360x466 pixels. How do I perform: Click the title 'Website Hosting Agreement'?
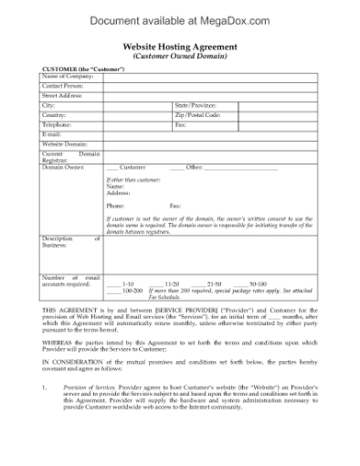coord(179,46)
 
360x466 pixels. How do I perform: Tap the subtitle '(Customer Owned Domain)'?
coord(179,56)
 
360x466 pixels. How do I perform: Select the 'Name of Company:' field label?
coord(64,77)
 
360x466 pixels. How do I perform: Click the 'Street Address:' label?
coord(61,95)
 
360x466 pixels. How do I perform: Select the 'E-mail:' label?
coord(50,133)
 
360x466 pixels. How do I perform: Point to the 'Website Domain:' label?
coord(64,143)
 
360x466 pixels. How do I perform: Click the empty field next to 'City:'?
coord(137,105)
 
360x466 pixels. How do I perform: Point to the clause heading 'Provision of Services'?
coord(96,387)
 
